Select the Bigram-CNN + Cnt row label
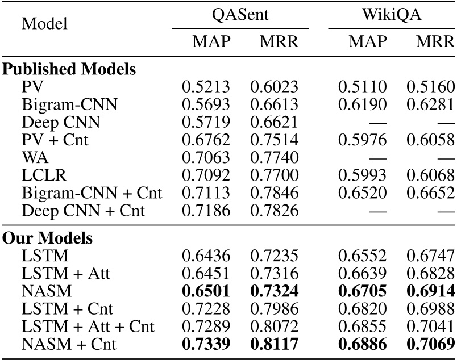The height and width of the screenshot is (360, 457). click(92, 192)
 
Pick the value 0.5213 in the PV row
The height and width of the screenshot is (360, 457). click(206, 87)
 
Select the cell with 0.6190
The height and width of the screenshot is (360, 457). click(363, 104)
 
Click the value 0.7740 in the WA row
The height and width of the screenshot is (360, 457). click(273, 157)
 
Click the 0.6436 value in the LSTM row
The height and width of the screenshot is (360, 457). click(206, 255)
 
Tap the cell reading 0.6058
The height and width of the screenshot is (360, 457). click(430, 140)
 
